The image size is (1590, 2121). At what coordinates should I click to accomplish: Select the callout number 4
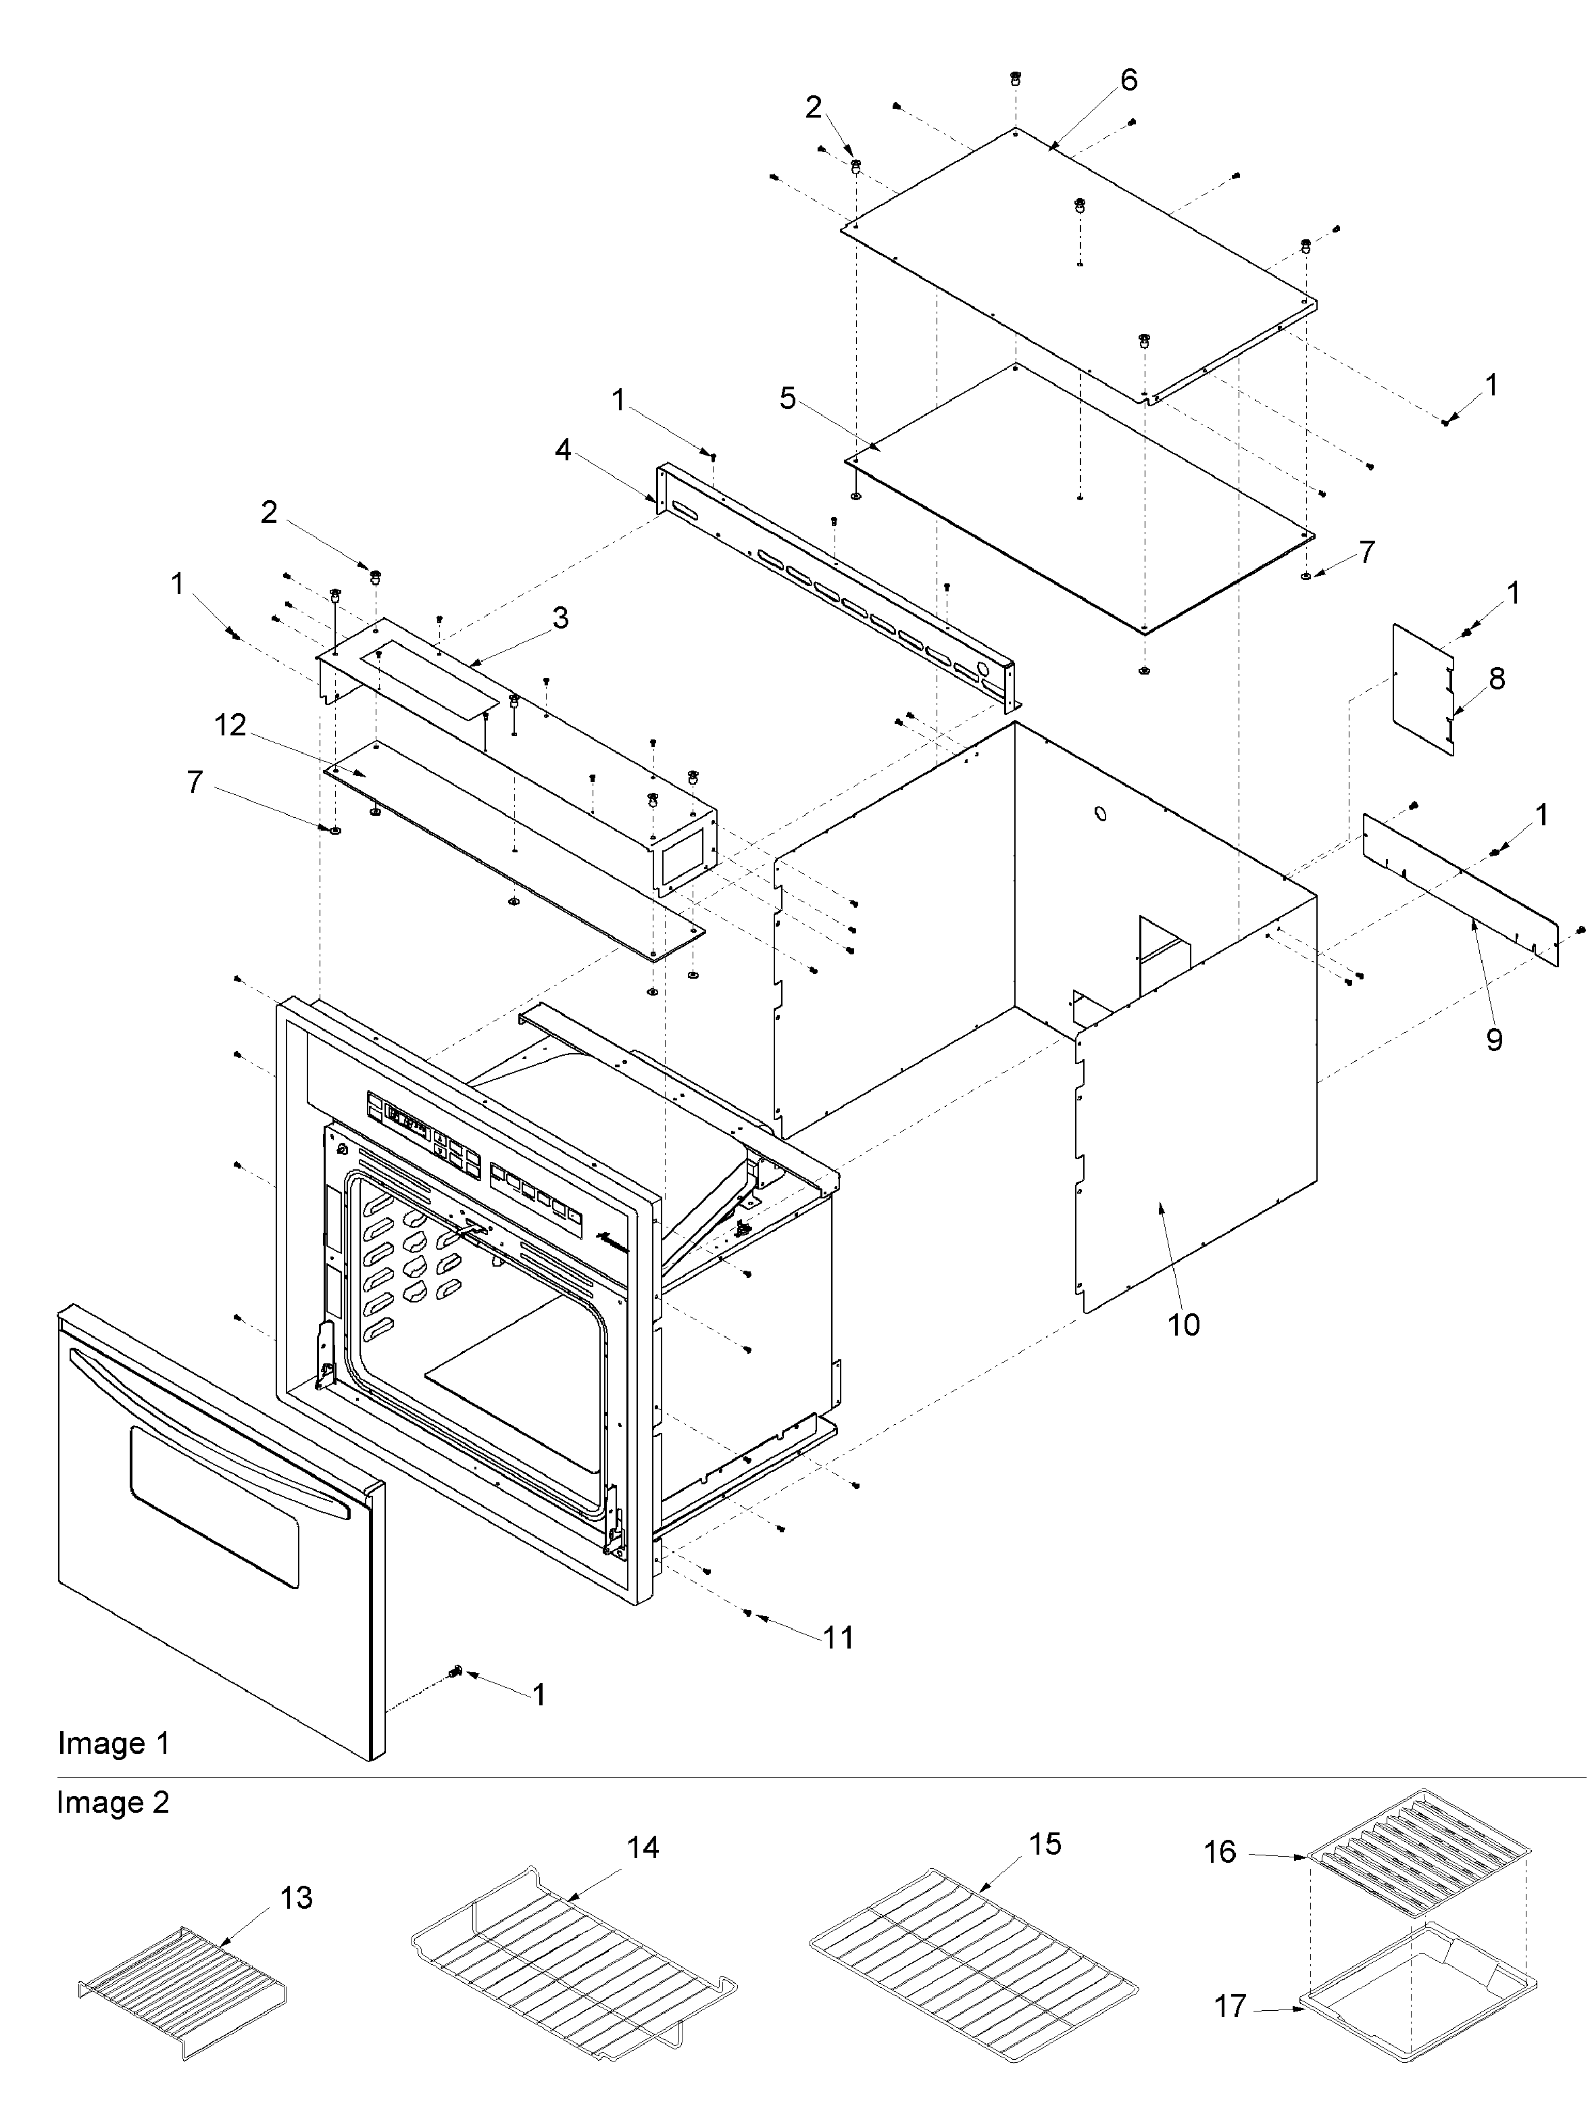pyautogui.click(x=563, y=449)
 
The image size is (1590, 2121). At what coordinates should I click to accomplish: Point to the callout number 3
pyautogui.click(x=560, y=618)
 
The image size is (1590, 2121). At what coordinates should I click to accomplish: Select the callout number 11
pyautogui.click(x=838, y=1637)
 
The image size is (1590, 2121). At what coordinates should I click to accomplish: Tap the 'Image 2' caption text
pyautogui.click(x=113, y=1803)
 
